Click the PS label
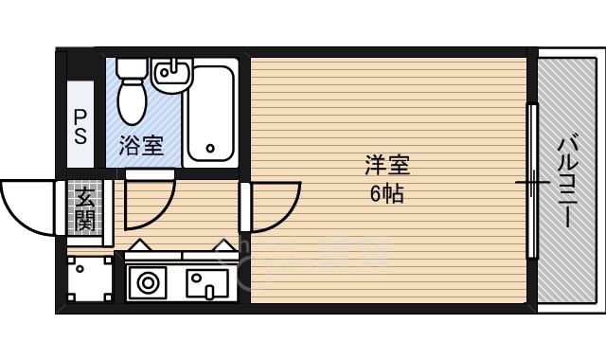click(80, 125)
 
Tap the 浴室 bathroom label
click(141, 147)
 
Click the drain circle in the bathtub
click(210, 149)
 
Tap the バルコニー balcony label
click(565, 180)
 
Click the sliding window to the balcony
click(532, 180)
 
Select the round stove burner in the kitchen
click(148, 281)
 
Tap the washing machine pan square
click(90, 279)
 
